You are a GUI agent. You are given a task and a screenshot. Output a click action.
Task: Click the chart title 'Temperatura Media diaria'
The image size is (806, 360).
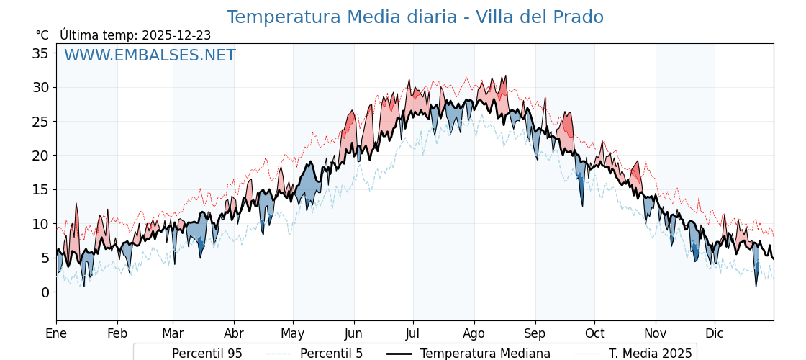coord(415,17)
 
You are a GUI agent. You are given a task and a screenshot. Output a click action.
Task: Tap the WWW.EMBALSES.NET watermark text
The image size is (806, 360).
coord(150,55)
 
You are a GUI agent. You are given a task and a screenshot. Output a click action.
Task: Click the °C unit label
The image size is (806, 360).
coord(42,35)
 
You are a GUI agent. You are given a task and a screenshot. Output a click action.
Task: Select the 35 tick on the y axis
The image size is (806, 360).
coord(40,53)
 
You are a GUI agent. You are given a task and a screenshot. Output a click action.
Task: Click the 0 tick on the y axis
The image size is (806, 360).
coord(45,292)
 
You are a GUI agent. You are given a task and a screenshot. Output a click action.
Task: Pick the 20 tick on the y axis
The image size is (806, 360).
coord(40,156)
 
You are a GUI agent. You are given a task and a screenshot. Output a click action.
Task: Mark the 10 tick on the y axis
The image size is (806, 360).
coord(40,224)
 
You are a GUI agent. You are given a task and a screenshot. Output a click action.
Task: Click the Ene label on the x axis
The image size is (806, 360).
coord(56,333)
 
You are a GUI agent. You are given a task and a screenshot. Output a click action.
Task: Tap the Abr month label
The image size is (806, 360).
coord(234,333)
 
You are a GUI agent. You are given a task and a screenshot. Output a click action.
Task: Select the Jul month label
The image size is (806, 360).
coord(413,333)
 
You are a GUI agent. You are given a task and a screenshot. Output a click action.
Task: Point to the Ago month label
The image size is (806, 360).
coord(474,333)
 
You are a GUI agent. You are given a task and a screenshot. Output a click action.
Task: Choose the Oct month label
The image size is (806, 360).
coord(594,333)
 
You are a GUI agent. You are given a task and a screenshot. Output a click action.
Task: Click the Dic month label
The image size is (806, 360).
coord(715,333)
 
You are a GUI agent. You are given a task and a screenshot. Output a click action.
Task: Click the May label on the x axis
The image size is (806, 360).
coord(293,333)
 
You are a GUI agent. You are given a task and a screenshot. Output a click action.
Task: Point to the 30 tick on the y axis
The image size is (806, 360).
coord(40,88)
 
